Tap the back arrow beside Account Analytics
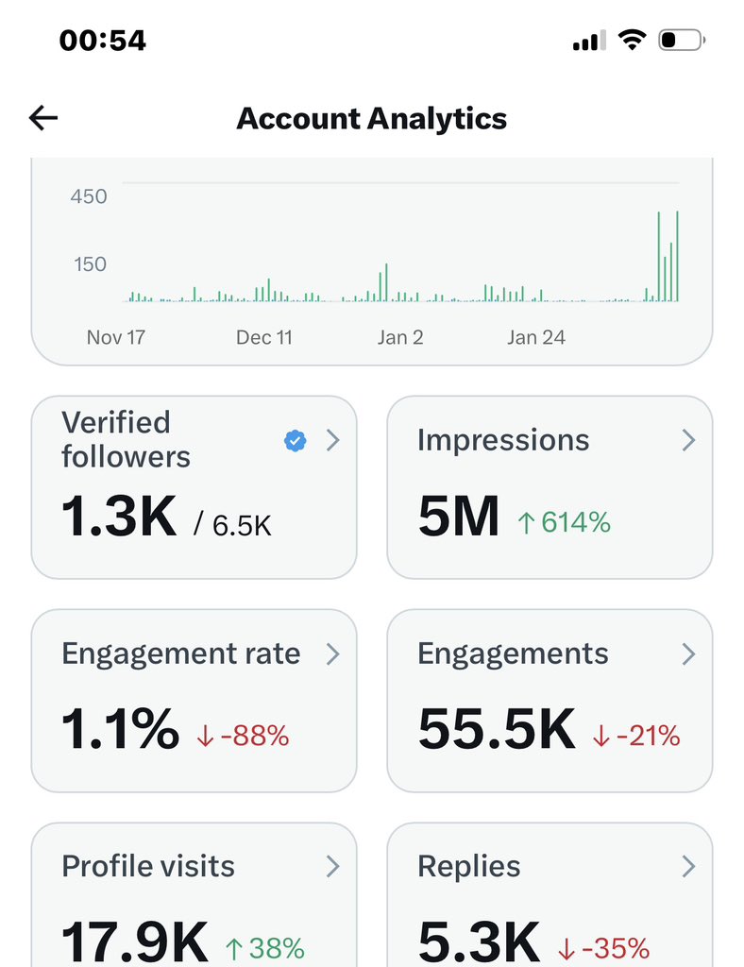43,118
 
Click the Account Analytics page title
371,119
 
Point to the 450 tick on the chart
89,196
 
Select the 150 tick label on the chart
91,264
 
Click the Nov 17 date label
115,337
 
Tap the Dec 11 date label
264,337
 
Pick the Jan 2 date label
399,337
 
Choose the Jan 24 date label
535,337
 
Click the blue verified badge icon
296,440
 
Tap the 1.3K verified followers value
119,517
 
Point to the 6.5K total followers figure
242,525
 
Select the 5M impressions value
458,517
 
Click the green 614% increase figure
564,521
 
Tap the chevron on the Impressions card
688,440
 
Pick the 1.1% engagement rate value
120,730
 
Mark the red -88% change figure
243,735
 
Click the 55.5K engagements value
497,730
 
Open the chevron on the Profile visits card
332,866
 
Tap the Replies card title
468,866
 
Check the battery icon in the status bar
680,41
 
